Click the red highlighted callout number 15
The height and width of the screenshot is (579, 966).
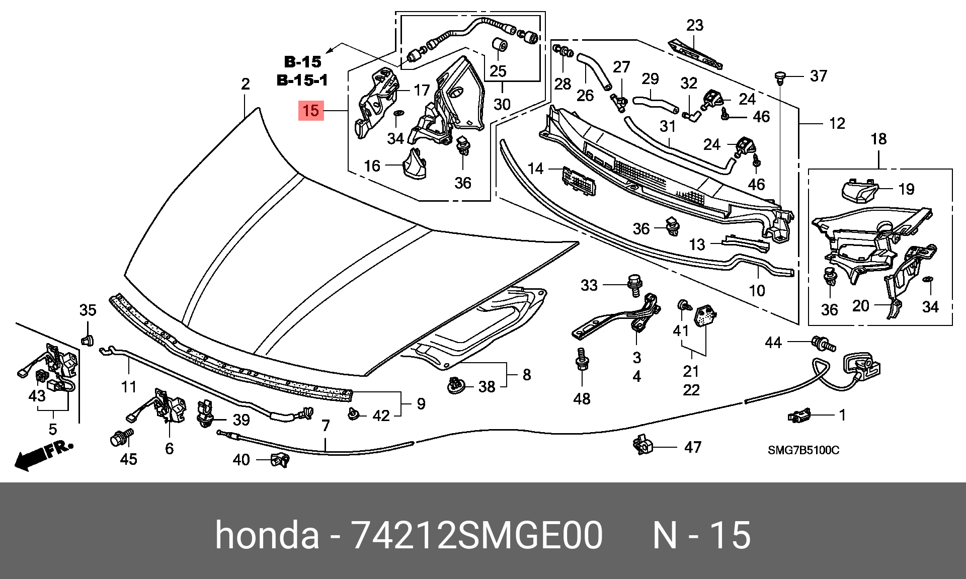point(311,110)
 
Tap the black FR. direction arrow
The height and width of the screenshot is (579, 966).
point(43,455)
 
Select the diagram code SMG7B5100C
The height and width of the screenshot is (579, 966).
point(803,450)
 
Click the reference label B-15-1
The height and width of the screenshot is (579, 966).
point(302,80)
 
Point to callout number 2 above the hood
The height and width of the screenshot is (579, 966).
point(245,84)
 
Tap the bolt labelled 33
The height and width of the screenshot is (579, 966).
point(633,283)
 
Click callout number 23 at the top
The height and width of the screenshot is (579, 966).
point(695,25)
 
